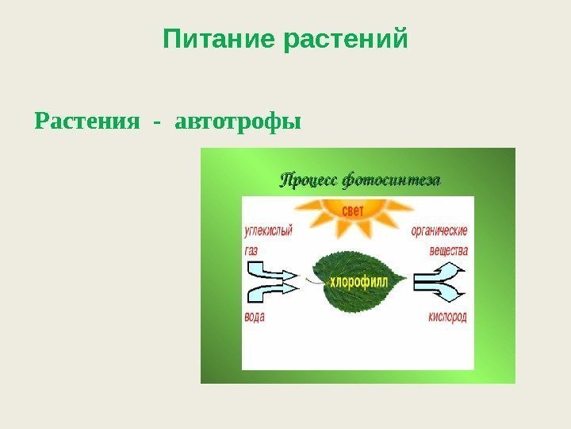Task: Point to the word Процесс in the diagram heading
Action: coord(307,180)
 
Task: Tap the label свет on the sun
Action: coord(353,210)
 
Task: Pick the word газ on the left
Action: coord(251,249)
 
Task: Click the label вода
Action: coord(254,316)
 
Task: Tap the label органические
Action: coord(439,231)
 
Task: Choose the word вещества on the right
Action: coord(448,250)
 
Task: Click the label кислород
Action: coord(447,316)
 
